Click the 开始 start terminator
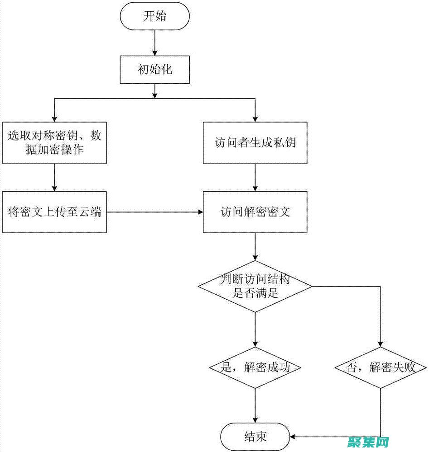(155, 16)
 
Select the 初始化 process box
(155, 69)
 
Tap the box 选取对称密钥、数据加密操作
(54, 142)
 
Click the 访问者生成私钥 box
(255, 142)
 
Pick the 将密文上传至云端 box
(54, 212)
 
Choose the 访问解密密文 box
(255, 212)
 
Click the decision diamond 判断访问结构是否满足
(255, 287)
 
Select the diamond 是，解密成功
(255, 367)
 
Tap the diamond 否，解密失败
(381, 367)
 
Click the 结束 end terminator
(255, 436)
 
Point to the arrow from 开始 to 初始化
(155, 43)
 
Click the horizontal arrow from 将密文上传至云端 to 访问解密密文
(154, 212)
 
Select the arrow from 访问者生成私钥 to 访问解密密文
(255, 177)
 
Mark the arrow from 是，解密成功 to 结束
(255, 405)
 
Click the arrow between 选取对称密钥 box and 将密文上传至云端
(54, 177)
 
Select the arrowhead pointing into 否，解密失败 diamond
(381, 343)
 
